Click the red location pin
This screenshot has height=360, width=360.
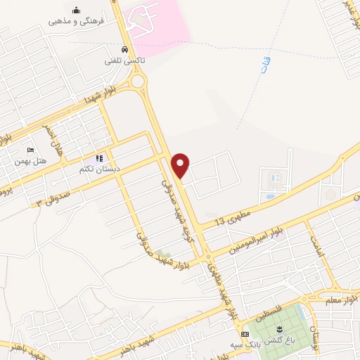click(x=181, y=165)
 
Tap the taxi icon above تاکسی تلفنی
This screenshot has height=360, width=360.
click(x=124, y=50)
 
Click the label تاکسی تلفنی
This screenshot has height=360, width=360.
click(x=124, y=61)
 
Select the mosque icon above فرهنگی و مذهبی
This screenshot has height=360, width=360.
click(x=76, y=10)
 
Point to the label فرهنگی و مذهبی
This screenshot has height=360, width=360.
click(x=76, y=21)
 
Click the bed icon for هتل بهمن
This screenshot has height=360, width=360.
click(x=30, y=150)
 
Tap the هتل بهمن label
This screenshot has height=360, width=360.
click(x=32, y=161)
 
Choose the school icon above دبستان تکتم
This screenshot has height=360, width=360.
click(x=99, y=159)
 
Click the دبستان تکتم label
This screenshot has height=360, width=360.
click(x=98, y=169)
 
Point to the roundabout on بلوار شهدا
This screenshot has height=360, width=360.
click(x=137, y=82)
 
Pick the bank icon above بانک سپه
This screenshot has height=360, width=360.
click(x=244, y=333)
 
